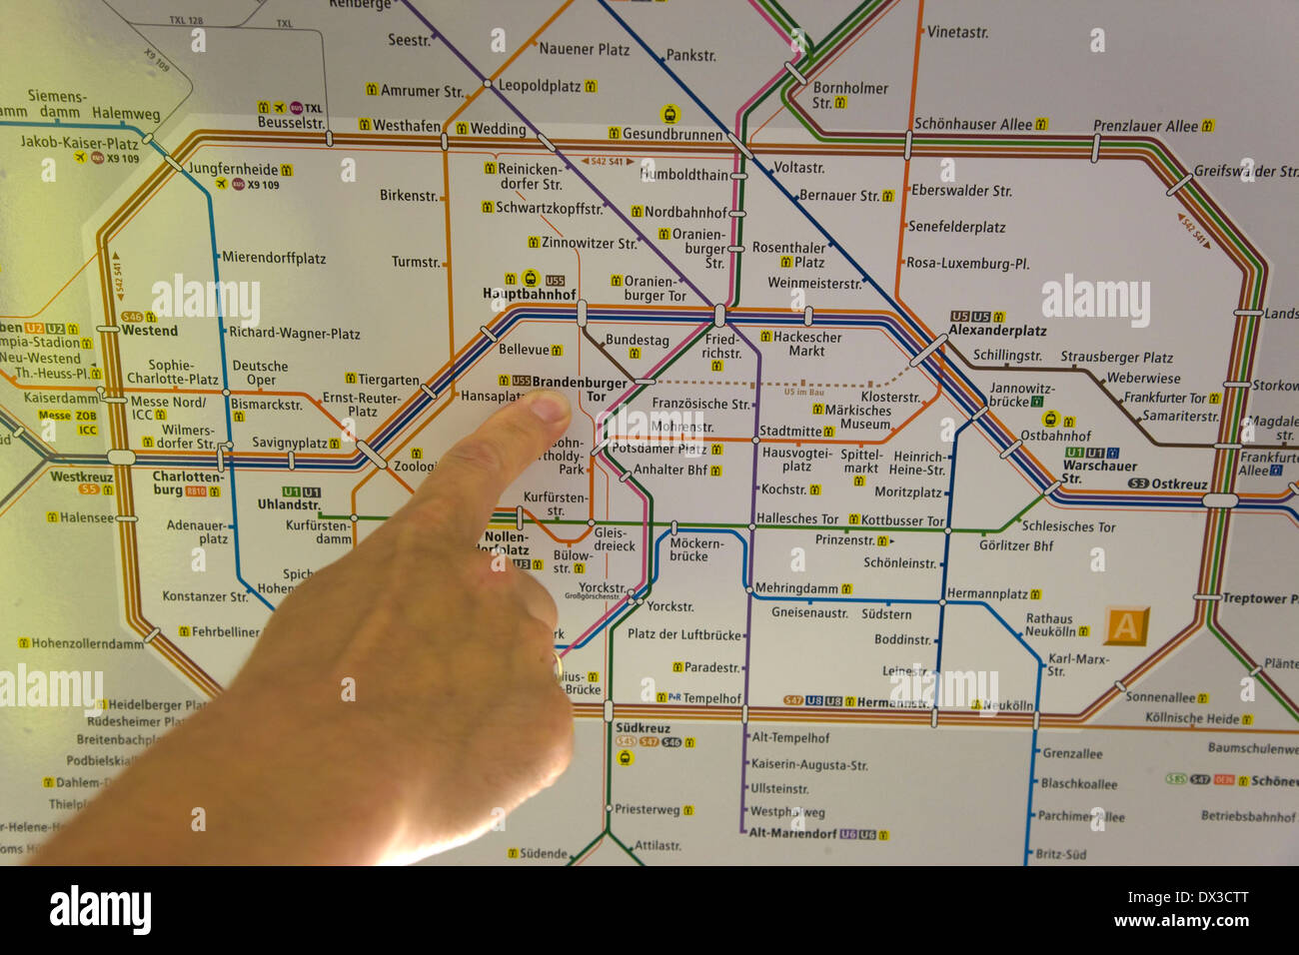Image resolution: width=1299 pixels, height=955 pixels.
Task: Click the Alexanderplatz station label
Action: point(997,331)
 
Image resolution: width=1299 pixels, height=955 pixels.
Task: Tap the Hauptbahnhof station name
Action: point(530,295)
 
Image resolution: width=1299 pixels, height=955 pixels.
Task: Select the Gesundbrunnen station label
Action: point(672,134)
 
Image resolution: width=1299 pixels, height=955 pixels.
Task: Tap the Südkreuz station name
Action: point(643,728)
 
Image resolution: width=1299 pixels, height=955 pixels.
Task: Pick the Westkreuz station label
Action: point(81,477)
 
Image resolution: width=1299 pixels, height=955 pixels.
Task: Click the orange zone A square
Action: point(1126,626)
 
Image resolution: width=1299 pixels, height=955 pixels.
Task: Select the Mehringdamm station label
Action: point(796,588)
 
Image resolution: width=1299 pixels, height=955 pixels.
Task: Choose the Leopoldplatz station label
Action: point(540,87)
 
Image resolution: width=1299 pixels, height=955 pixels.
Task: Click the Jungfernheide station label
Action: point(233,170)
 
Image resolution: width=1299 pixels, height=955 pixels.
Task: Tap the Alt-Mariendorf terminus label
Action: point(792,833)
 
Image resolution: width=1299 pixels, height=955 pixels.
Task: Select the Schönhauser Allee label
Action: point(973,125)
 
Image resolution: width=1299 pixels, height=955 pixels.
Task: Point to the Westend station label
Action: point(150,331)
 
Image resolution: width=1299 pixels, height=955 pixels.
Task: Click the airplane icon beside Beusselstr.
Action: point(279,107)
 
